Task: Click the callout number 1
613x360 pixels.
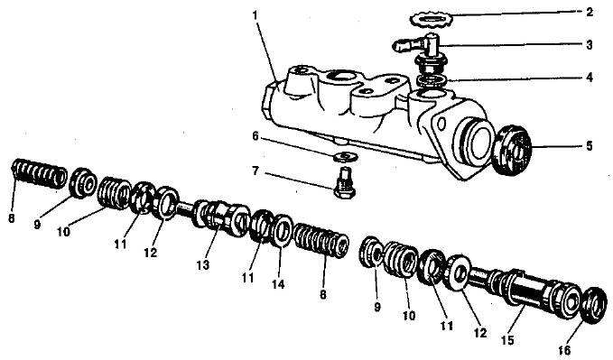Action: point(255,16)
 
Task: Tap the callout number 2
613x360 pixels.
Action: point(590,12)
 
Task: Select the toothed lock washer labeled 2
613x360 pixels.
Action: point(431,20)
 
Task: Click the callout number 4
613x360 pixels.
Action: point(590,78)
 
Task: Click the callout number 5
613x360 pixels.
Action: point(590,146)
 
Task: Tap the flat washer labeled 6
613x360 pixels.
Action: point(345,157)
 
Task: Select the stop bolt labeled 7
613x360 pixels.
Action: point(345,182)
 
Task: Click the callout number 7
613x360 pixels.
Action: point(255,171)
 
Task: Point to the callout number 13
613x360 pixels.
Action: point(203,265)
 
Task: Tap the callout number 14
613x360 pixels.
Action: point(278,284)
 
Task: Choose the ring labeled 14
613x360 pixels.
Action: point(282,231)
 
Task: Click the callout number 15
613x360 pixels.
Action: point(507,340)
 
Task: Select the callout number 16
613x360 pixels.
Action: point(564,350)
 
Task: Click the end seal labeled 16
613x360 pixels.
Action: point(594,305)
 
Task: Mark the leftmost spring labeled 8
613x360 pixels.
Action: point(38,173)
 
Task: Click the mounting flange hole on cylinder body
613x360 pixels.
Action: point(441,125)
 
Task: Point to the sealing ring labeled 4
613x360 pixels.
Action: point(432,79)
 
